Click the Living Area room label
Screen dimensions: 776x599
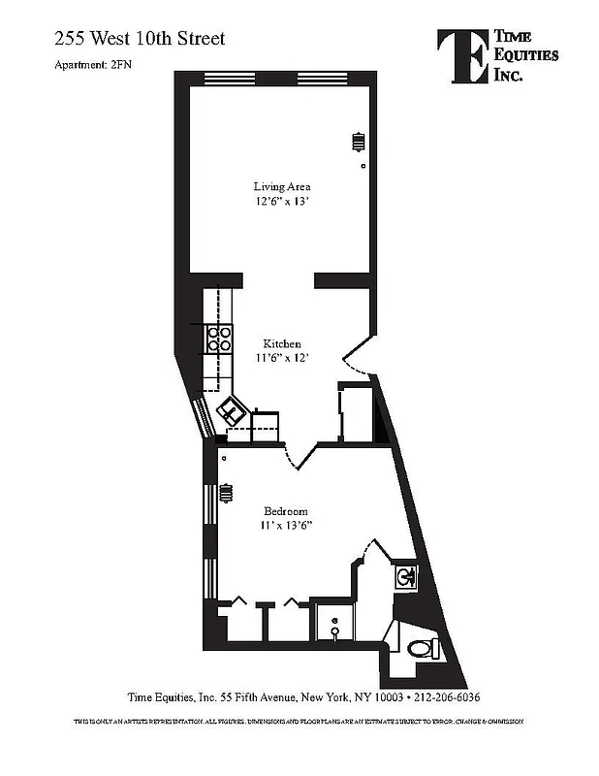pyautogui.click(x=282, y=186)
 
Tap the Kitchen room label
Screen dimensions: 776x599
pyautogui.click(x=282, y=344)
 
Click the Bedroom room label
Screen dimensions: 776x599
pyautogui.click(x=286, y=511)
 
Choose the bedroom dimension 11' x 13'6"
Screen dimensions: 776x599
pyautogui.click(x=286, y=526)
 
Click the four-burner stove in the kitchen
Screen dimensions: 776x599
pyautogui.click(x=219, y=338)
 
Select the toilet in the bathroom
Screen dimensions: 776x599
pyautogui.click(x=419, y=648)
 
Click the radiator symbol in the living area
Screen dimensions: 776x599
pyautogui.click(x=358, y=142)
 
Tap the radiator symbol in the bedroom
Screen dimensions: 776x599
pyautogui.click(x=225, y=493)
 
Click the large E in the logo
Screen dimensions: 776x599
pyautogui.click(x=460, y=54)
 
